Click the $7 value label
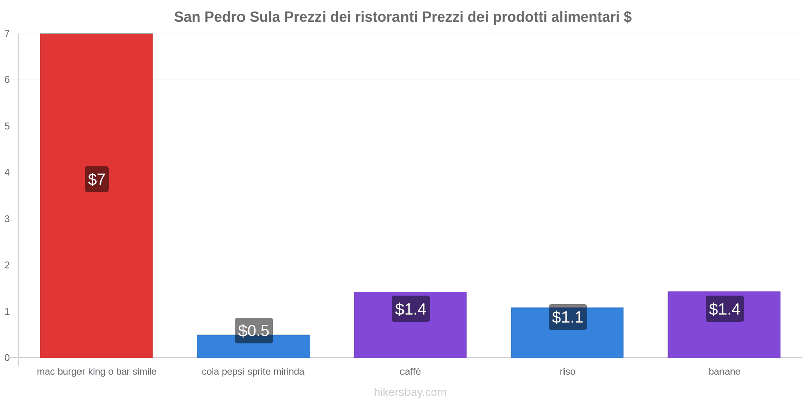tap(96, 179)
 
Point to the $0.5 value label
tap(254, 330)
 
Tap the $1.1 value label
tap(568, 317)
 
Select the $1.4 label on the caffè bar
tap(411, 309)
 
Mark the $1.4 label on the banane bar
tap(725, 309)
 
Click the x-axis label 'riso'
tap(567, 372)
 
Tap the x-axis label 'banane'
tap(724, 372)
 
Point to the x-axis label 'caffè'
tap(410, 372)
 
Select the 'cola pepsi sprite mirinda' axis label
tap(253, 372)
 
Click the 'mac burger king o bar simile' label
tap(97, 372)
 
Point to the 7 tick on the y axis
tap(7, 34)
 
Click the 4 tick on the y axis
tap(7, 172)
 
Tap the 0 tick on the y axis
tap(7, 358)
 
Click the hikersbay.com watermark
tap(410, 392)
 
